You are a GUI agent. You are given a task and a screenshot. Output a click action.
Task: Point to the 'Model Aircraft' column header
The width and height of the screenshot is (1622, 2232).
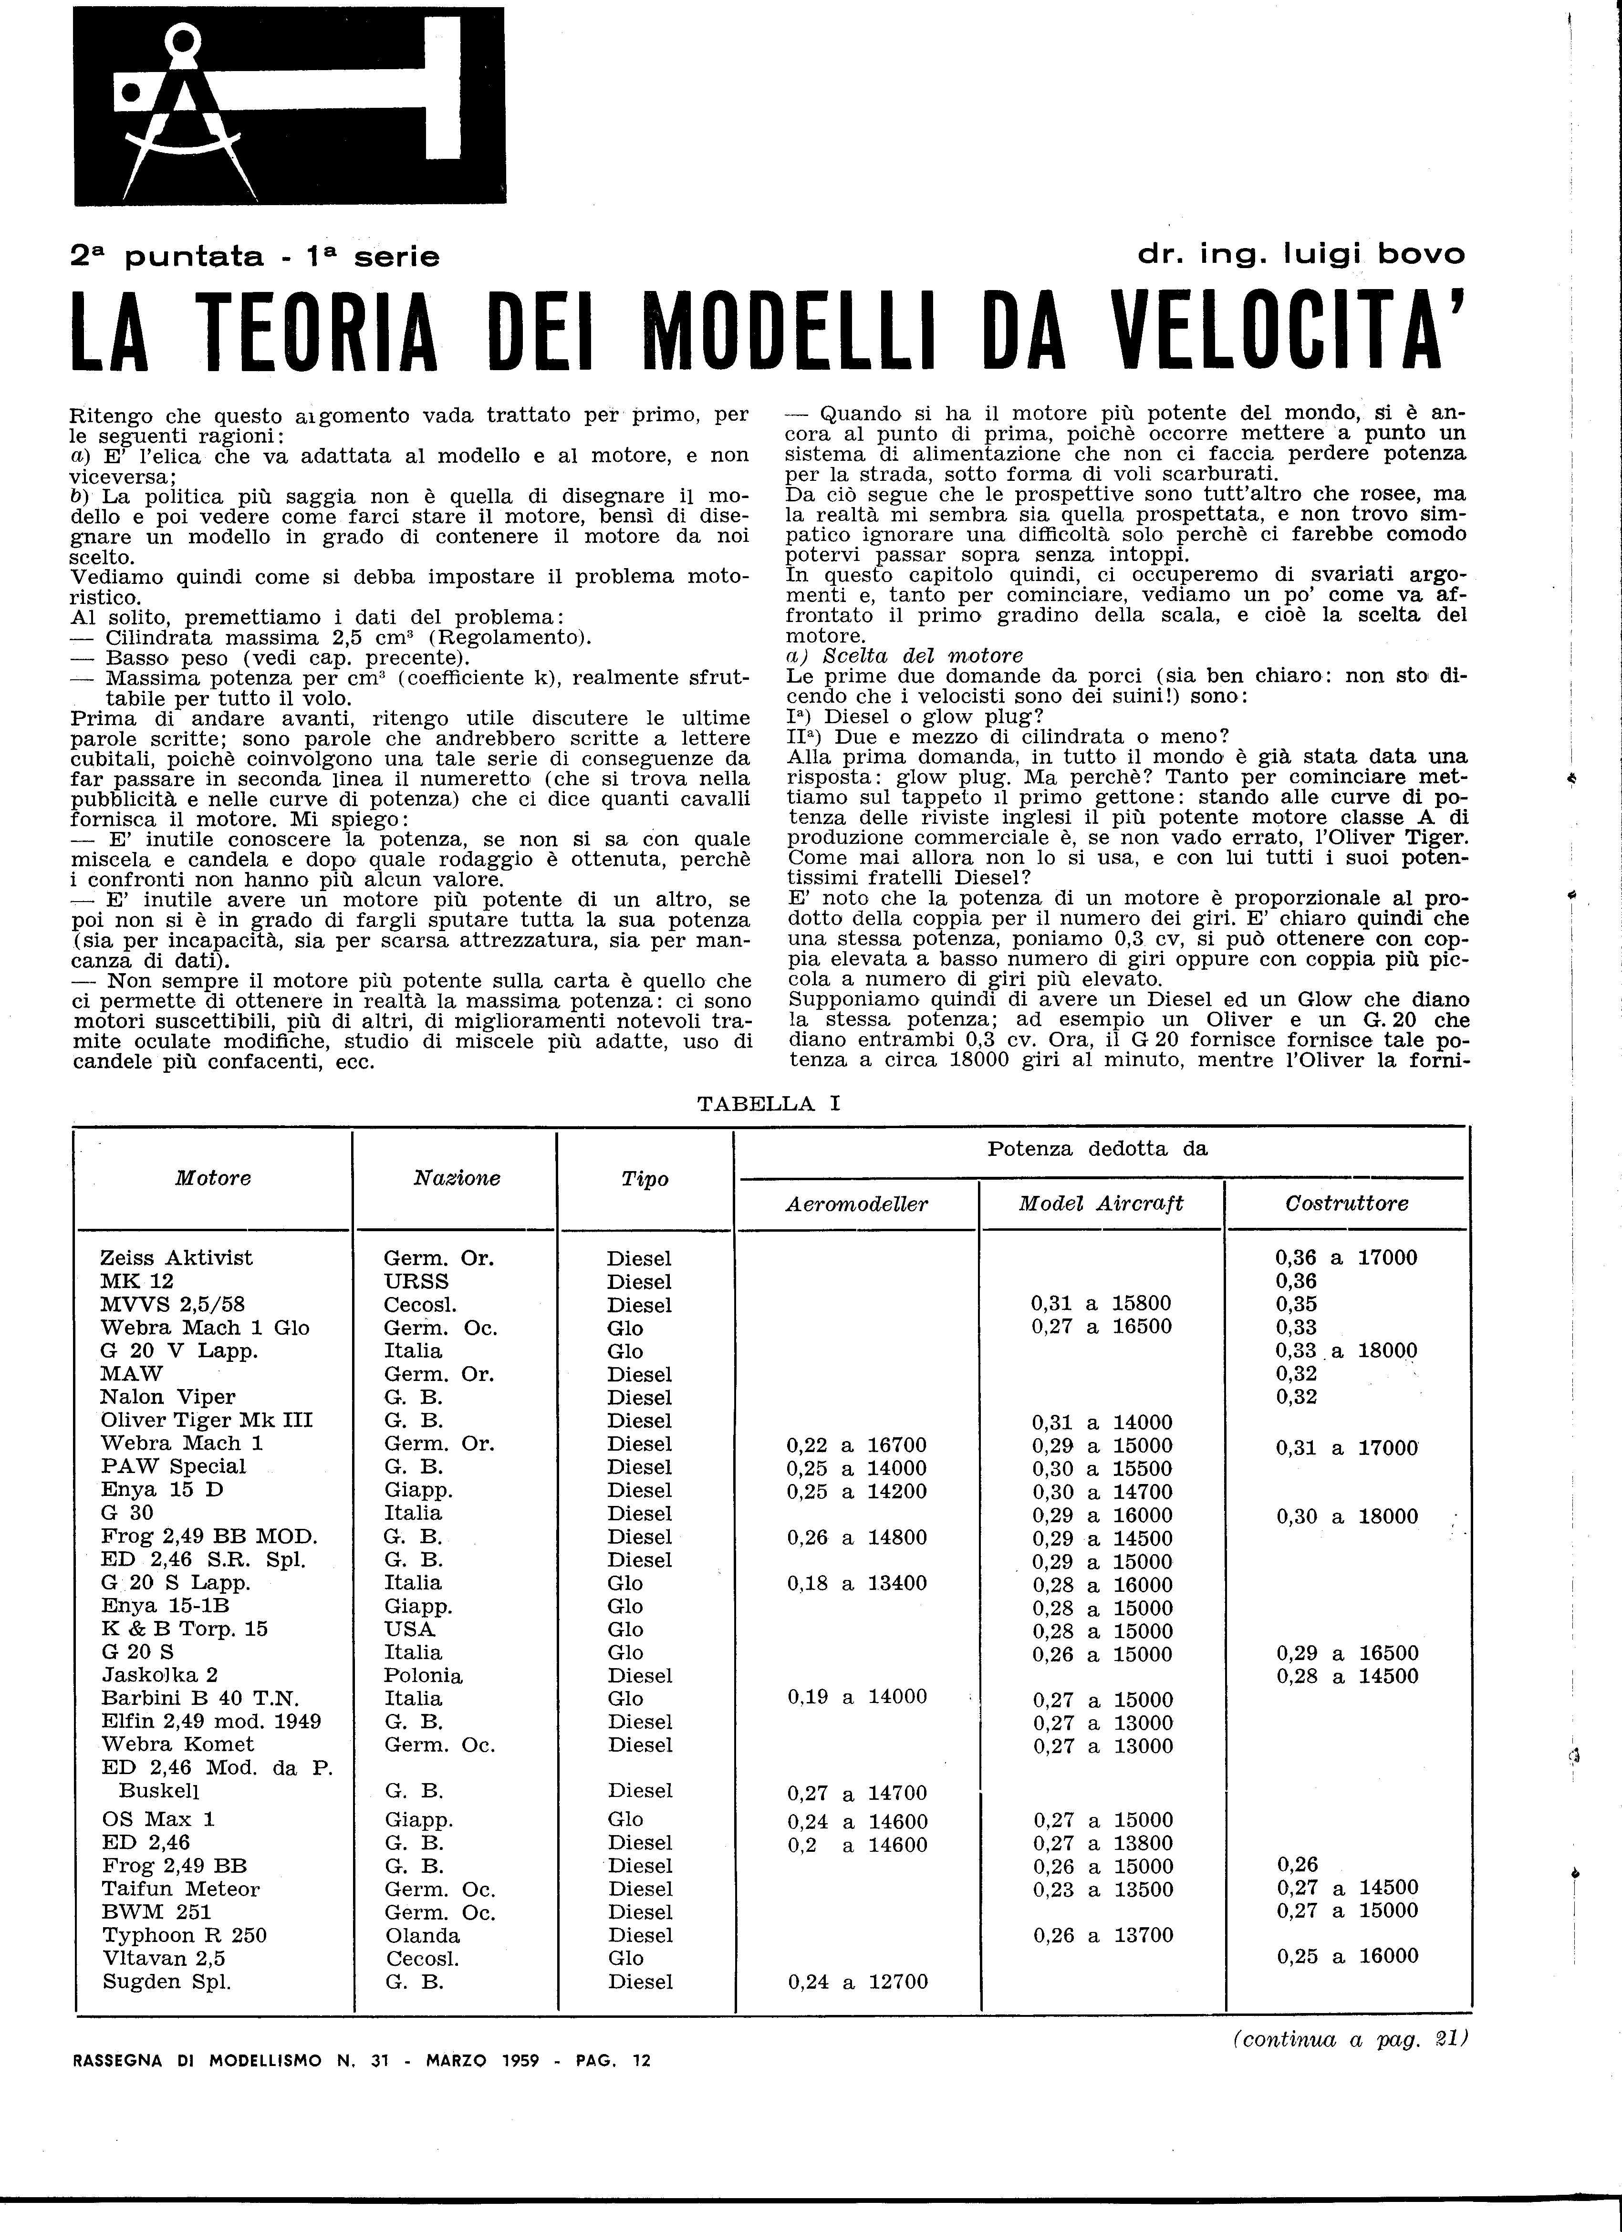[1101, 1203]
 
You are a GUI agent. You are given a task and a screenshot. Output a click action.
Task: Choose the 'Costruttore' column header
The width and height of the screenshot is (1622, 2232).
[1346, 1203]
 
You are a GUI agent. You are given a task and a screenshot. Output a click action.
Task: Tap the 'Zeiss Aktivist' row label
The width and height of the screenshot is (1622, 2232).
[176, 1258]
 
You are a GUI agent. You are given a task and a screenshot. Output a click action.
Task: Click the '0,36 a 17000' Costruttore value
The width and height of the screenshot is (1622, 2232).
[1346, 1258]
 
